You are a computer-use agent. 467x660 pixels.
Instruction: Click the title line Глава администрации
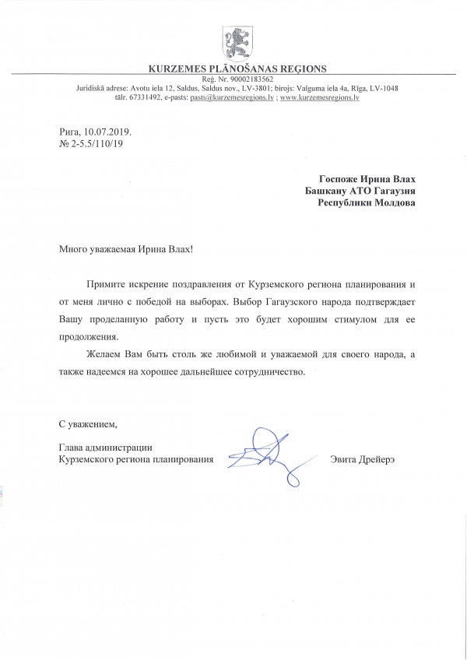(x=104, y=448)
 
